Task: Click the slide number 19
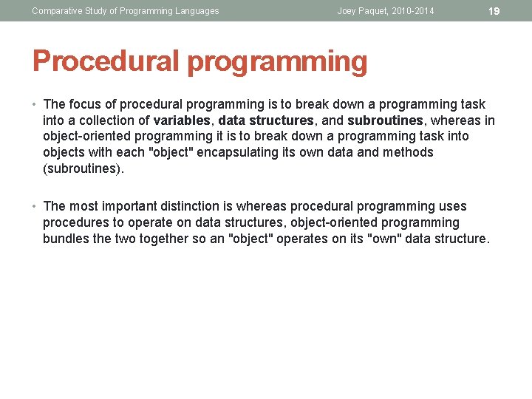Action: [x=494, y=11]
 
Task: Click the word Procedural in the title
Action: [x=105, y=61]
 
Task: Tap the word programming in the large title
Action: [x=277, y=63]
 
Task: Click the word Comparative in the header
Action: [x=57, y=11]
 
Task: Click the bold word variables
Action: [x=180, y=120]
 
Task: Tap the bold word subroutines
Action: [x=384, y=120]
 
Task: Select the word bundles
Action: [x=66, y=239]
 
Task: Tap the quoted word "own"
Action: [x=380, y=239]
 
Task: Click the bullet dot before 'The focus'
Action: [x=35, y=104]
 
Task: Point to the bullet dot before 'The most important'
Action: [x=35, y=206]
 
